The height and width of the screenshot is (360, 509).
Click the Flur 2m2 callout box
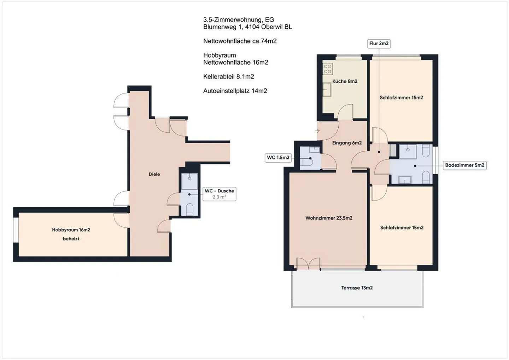[x=379, y=43]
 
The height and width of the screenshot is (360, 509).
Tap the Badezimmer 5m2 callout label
[x=464, y=165]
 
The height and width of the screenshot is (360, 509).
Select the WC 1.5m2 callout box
[x=278, y=158]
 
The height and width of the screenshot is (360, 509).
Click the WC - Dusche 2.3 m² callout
[x=219, y=194]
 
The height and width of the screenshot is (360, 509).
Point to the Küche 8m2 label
[x=345, y=81]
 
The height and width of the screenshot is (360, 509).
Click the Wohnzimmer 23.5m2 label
[x=329, y=218]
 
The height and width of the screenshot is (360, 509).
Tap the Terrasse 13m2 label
[x=357, y=288]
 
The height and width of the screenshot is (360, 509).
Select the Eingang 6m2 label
[x=347, y=143]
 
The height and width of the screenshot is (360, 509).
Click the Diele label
[x=154, y=174]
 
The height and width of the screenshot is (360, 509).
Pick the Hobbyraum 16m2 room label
[x=71, y=230]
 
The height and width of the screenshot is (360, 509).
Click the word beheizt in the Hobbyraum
[x=71, y=239]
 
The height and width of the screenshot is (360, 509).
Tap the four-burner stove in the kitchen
[x=328, y=69]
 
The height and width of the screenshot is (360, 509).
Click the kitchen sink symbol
[x=327, y=89]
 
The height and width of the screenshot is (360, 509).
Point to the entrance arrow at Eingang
[x=317, y=131]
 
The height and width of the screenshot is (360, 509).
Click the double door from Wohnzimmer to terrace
[x=308, y=264]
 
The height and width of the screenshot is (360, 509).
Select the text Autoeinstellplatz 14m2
[x=235, y=91]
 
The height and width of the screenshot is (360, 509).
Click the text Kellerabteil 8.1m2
[x=228, y=77]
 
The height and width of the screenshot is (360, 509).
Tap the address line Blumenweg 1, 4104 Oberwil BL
[x=247, y=27]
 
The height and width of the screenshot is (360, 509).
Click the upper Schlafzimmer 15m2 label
[x=401, y=98]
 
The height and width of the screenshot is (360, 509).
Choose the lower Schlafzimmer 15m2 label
[x=402, y=228]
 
